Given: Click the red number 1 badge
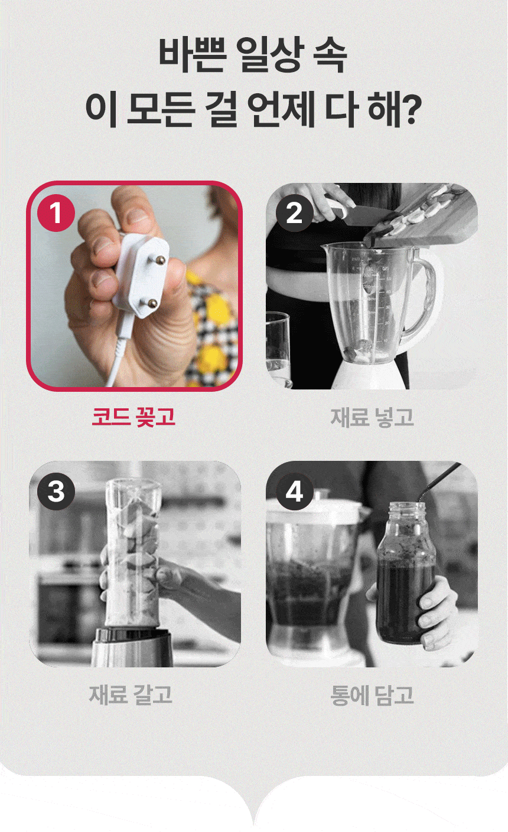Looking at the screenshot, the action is (x=56, y=213).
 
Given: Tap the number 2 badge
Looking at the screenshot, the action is (x=294, y=213).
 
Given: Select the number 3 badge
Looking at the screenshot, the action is (x=56, y=491).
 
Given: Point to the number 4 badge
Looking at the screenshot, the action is (x=294, y=491).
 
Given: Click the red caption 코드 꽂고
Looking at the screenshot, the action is (x=133, y=417).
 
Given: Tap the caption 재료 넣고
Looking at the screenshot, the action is (x=372, y=417).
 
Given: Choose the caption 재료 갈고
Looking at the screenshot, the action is (x=131, y=695).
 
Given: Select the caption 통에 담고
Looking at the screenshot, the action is (x=372, y=695).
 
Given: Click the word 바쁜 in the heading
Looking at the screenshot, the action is (x=193, y=55).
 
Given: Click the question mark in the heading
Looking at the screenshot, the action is (x=412, y=108).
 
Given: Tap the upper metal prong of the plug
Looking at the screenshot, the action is (x=160, y=260).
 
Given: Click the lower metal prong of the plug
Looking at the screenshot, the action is (x=152, y=303).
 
